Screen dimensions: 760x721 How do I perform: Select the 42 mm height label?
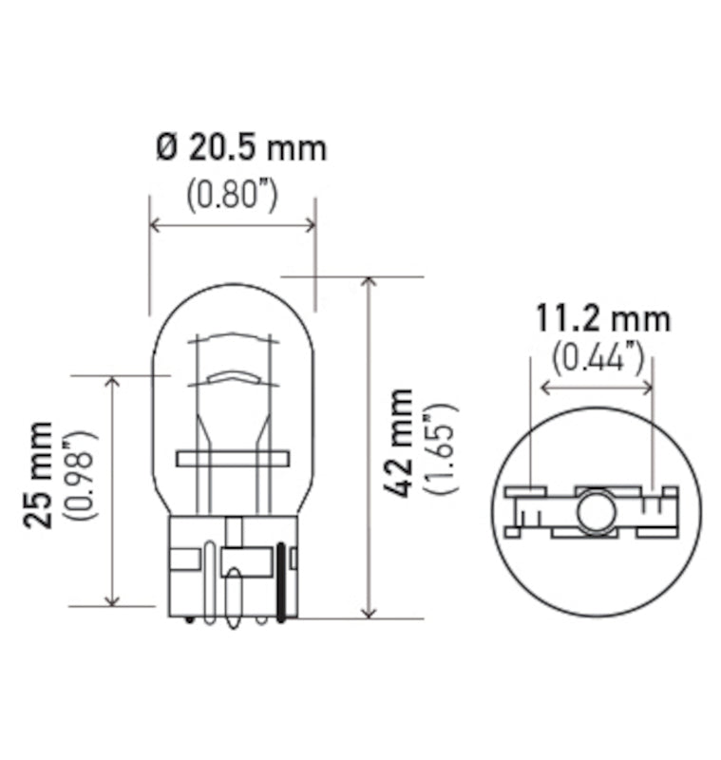(402, 443)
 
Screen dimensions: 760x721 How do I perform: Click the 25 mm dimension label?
(39, 475)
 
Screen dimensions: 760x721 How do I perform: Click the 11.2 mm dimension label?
(601, 318)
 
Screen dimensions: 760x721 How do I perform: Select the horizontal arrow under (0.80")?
(233, 225)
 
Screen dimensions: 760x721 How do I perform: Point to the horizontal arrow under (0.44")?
(597, 387)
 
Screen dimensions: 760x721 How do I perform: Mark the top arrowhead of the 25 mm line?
(113, 382)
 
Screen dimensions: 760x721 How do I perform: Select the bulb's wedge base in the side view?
(234, 565)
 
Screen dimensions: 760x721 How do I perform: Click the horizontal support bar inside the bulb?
(231, 459)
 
